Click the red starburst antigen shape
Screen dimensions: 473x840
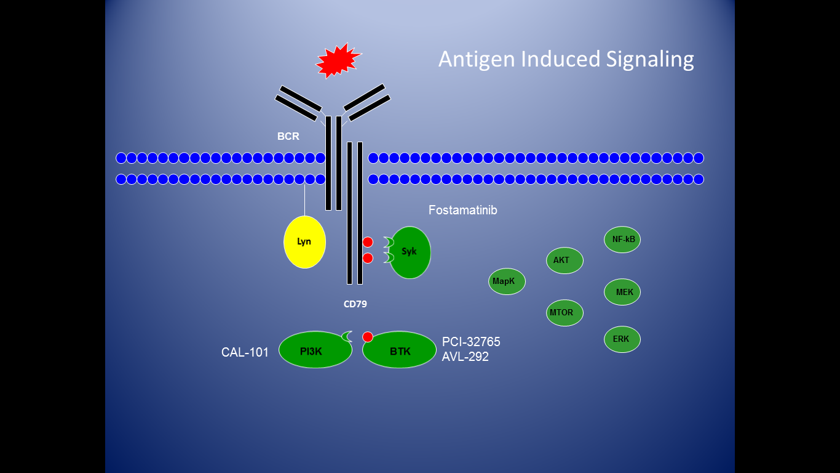[x=337, y=60]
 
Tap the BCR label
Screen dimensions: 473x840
[x=288, y=137]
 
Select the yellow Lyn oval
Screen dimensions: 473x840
[x=304, y=242]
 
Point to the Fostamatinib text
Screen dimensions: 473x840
[x=462, y=211]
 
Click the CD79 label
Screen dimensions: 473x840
[x=355, y=304]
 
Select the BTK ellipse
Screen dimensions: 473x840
[x=400, y=351]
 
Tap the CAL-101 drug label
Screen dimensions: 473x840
[x=245, y=353]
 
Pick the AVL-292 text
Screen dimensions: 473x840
[x=465, y=357]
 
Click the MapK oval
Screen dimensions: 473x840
[x=507, y=281]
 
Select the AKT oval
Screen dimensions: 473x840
[x=564, y=261]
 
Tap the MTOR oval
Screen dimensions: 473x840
[x=564, y=313]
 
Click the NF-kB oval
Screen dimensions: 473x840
[x=622, y=240]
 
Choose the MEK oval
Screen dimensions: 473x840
[x=622, y=292]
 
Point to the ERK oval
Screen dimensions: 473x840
[x=622, y=339]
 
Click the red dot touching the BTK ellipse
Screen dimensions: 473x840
[x=368, y=337]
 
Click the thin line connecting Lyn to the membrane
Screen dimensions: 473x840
[x=304, y=200]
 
